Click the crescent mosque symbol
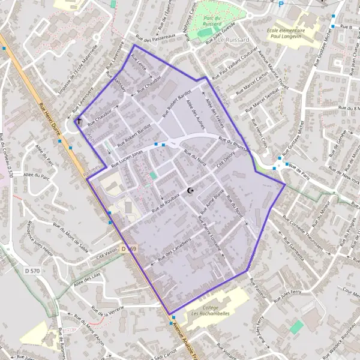point(191,191)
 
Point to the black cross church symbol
point(78,122)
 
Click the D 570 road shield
point(32,271)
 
